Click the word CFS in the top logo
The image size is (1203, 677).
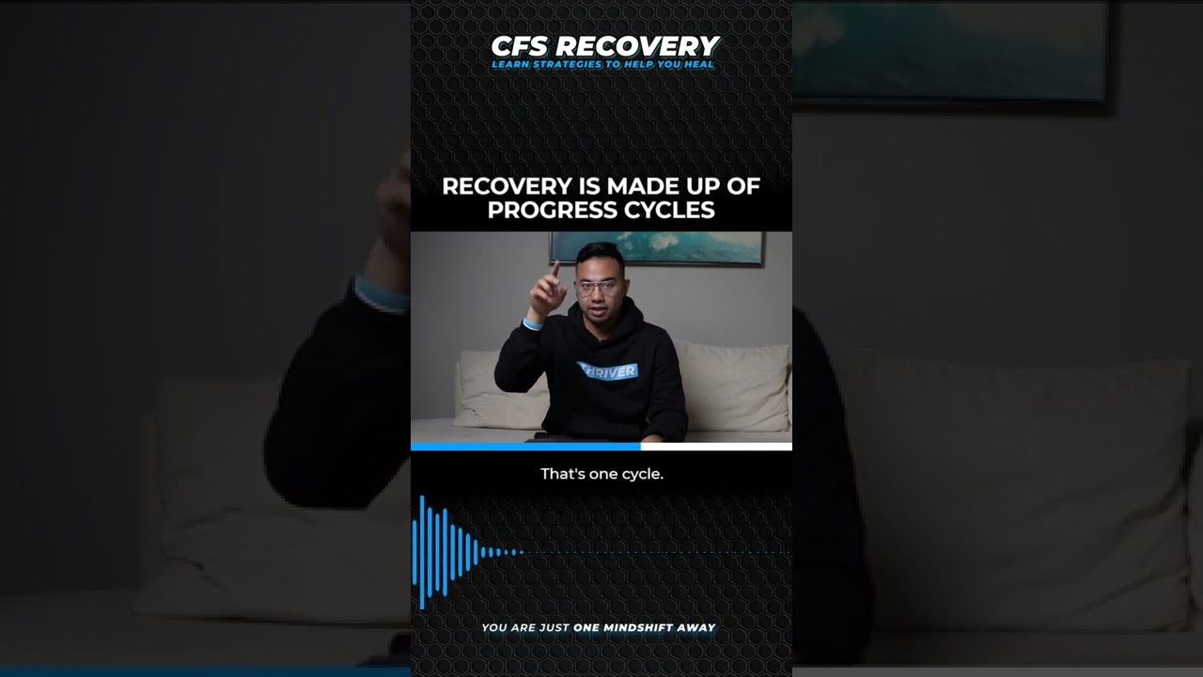point(520,46)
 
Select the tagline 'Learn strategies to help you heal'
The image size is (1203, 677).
point(602,65)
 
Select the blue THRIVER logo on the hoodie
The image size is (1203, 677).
point(607,370)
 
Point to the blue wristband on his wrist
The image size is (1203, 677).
point(532,324)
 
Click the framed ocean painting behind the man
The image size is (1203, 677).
point(656,246)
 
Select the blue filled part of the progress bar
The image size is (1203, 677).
point(525,447)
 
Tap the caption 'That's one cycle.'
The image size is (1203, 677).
point(601,474)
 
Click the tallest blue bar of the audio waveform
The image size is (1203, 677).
point(422,552)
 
